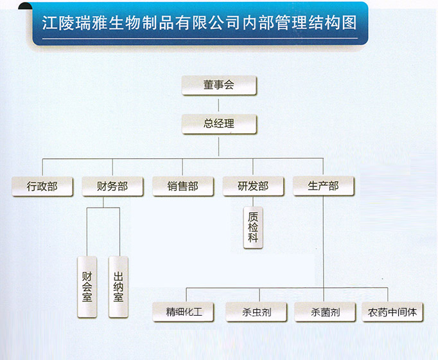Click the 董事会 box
pyautogui.click(x=219, y=85)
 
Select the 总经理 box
pyautogui.click(x=219, y=124)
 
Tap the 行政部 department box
pyautogui.click(x=42, y=186)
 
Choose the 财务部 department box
pyautogui.click(x=112, y=186)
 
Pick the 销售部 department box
pyautogui.click(x=183, y=186)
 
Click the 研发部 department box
pyautogui.click(x=253, y=186)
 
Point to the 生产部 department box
pyautogui.click(x=324, y=186)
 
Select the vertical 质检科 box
pyautogui.click(x=253, y=228)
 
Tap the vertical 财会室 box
pyautogui.click(x=87, y=287)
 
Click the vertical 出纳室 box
pyautogui.click(x=118, y=287)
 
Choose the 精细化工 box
pyautogui.click(x=183, y=312)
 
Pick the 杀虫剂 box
pyautogui.click(x=256, y=312)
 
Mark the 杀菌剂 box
pyautogui.click(x=325, y=312)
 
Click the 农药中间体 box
pyautogui.click(x=392, y=312)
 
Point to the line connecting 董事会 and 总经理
pyautogui.click(x=218, y=105)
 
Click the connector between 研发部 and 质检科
pyautogui.click(x=253, y=201)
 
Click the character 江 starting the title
pyautogui.click(x=49, y=22)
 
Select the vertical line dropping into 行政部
pyautogui.click(x=42, y=167)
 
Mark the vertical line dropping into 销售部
pyautogui.click(x=182, y=167)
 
